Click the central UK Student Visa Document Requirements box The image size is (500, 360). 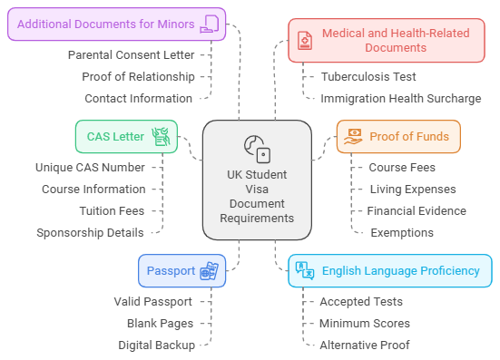(257, 181)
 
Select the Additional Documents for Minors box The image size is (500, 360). (116, 24)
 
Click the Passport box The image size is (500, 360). (181, 270)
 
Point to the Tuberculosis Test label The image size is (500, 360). (368, 76)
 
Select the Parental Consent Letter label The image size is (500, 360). (131, 54)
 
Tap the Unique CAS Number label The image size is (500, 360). (90, 167)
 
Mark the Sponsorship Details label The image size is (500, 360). (90, 232)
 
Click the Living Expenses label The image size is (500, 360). (412, 189)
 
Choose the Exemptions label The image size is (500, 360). (402, 232)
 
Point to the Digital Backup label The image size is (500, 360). (156, 345)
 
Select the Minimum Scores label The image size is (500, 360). (365, 323)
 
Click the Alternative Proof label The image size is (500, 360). (365, 345)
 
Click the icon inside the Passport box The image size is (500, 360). (209, 270)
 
